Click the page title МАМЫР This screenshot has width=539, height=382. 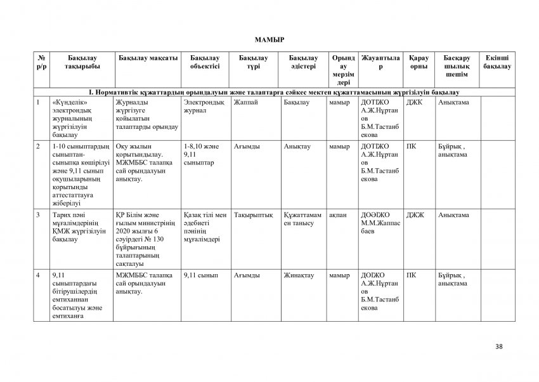pos(270,39)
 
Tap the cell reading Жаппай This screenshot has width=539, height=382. pos(245,102)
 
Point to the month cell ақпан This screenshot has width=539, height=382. pos(337,216)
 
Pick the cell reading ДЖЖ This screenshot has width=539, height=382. pos(415,216)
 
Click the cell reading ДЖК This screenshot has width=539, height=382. pos(413,102)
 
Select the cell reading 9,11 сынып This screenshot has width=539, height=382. pos(200,275)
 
